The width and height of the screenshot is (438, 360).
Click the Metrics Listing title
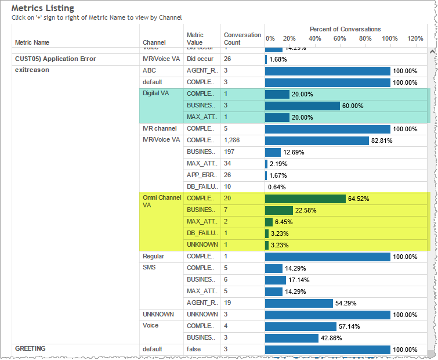(x=43, y=8)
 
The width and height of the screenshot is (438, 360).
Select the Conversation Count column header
(x=242, y=38)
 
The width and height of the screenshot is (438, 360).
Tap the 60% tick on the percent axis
(x=340, y=38)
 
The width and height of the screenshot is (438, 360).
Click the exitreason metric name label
(x=32, y=70)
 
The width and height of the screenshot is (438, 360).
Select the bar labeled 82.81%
(x=317, y=141)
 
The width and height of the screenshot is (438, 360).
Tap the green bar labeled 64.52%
(x=305, y=199)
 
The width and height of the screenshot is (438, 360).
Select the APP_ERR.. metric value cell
(x=201, y=175)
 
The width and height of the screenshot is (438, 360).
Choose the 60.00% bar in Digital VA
(x=302, y=106)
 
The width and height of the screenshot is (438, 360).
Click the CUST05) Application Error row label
(x=55, y=59)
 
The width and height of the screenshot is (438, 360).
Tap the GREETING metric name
(x=30, y=349)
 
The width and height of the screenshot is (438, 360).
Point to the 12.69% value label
(x=294, y=152)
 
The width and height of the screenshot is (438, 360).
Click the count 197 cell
(x=230, y=152)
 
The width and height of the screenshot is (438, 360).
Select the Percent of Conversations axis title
(x=345, y=29)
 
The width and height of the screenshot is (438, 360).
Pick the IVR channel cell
(x=159, y=128)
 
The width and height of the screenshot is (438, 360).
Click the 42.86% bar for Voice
(x=292, y=338)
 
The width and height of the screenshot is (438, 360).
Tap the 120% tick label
(x=415, y=38)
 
